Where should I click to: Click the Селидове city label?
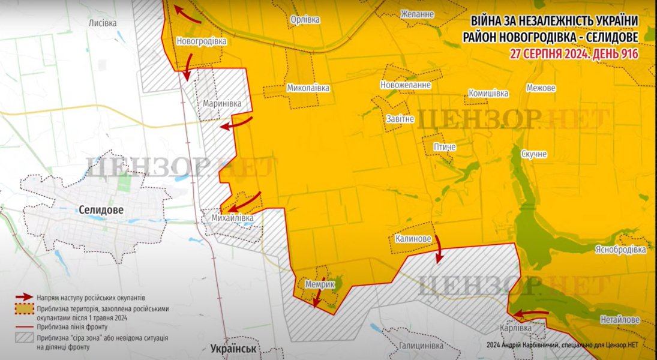pyautogui.click(x=101, y=210)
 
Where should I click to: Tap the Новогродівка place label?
pyautogui.click(x=202, y=41)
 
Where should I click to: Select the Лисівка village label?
pyautogui.click(x=103, y=22)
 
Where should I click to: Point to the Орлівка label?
pyautogui.click(x=305, y=20)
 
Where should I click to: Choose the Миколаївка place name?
pyautogui.click(x=308, y=88)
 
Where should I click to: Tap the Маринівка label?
pyautogui.click(x=222, y=103)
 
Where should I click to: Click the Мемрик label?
pyautogui.click(x=319, y=284)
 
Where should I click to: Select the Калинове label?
pyautogui.click(x=413, y=239)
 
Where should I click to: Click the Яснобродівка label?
pyautogui.click(x=620, y=249)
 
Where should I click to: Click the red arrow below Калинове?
pyautogui.click(x=439, y=249)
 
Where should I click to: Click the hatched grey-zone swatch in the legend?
pyautogui.click(x=23, y=338)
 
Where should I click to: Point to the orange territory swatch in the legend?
pyautogui.click(x=23, y=308)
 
